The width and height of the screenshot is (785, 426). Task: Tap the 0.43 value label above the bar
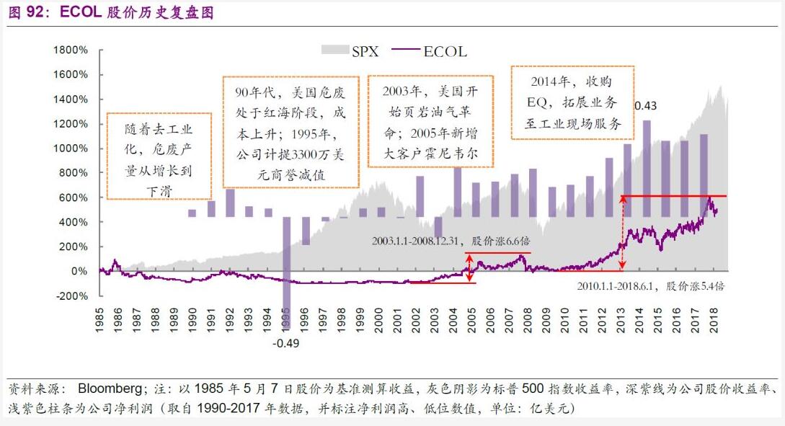[x=645, y=106]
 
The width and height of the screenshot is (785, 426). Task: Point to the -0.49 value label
[x=286, y=343]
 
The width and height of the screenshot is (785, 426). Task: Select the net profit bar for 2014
[x=646, y=169]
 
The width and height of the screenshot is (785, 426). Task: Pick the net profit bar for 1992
[x=230, y=203]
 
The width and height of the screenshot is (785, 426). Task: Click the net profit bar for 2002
[x=420, y=196]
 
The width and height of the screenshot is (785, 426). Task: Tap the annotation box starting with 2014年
[x=572, y=102]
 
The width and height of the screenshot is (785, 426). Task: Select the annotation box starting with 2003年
[x=430, y=123]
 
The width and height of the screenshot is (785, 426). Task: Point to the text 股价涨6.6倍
[x=497, y=240]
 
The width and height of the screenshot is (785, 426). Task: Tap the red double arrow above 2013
[x=624, y=233]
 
